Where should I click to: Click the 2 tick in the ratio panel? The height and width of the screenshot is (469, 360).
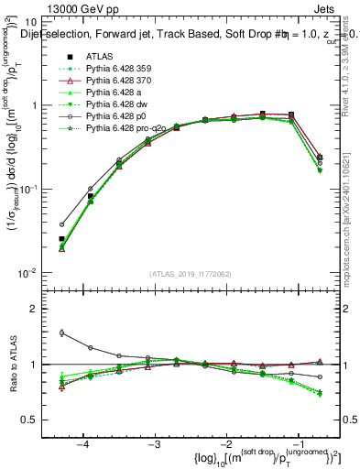tap(39, 309)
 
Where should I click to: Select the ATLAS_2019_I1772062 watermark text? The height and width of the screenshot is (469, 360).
tap(191, 274)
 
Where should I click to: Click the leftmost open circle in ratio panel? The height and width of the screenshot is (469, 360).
tap(61, 333)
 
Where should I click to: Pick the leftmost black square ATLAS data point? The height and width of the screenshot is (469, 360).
tap(61, 238)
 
